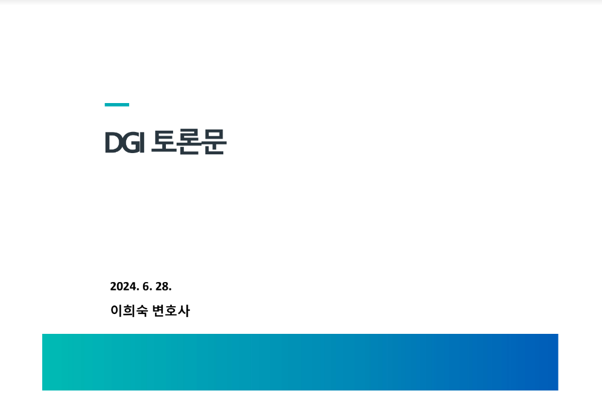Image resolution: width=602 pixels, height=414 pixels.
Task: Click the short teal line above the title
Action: coord(117,104)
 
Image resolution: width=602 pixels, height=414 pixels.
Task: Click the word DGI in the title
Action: coord(125,142)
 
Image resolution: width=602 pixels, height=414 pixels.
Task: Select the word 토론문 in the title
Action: coord(189,142)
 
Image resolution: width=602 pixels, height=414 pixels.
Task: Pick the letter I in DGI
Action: coord(143,142)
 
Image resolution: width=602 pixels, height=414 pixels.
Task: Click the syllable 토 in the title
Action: coord(163,142)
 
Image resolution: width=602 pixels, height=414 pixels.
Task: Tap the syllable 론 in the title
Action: coord(189,142)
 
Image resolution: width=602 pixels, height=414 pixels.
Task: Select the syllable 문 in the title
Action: coord(214,142)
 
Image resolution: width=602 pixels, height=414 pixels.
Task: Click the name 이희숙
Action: coord(129,310)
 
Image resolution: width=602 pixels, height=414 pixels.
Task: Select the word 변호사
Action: coord(171,310)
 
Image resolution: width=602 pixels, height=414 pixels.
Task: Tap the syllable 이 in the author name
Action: coord(116,310)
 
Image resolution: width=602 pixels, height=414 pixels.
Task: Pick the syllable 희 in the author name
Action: coord(129,310)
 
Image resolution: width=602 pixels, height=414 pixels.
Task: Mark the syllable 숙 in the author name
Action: coord(142,311)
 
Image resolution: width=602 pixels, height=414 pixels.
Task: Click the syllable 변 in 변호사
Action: coord(159,310)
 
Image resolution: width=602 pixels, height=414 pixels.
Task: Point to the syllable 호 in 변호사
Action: coord(171,310)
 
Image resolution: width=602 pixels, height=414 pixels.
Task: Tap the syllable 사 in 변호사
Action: coord(184,310)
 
